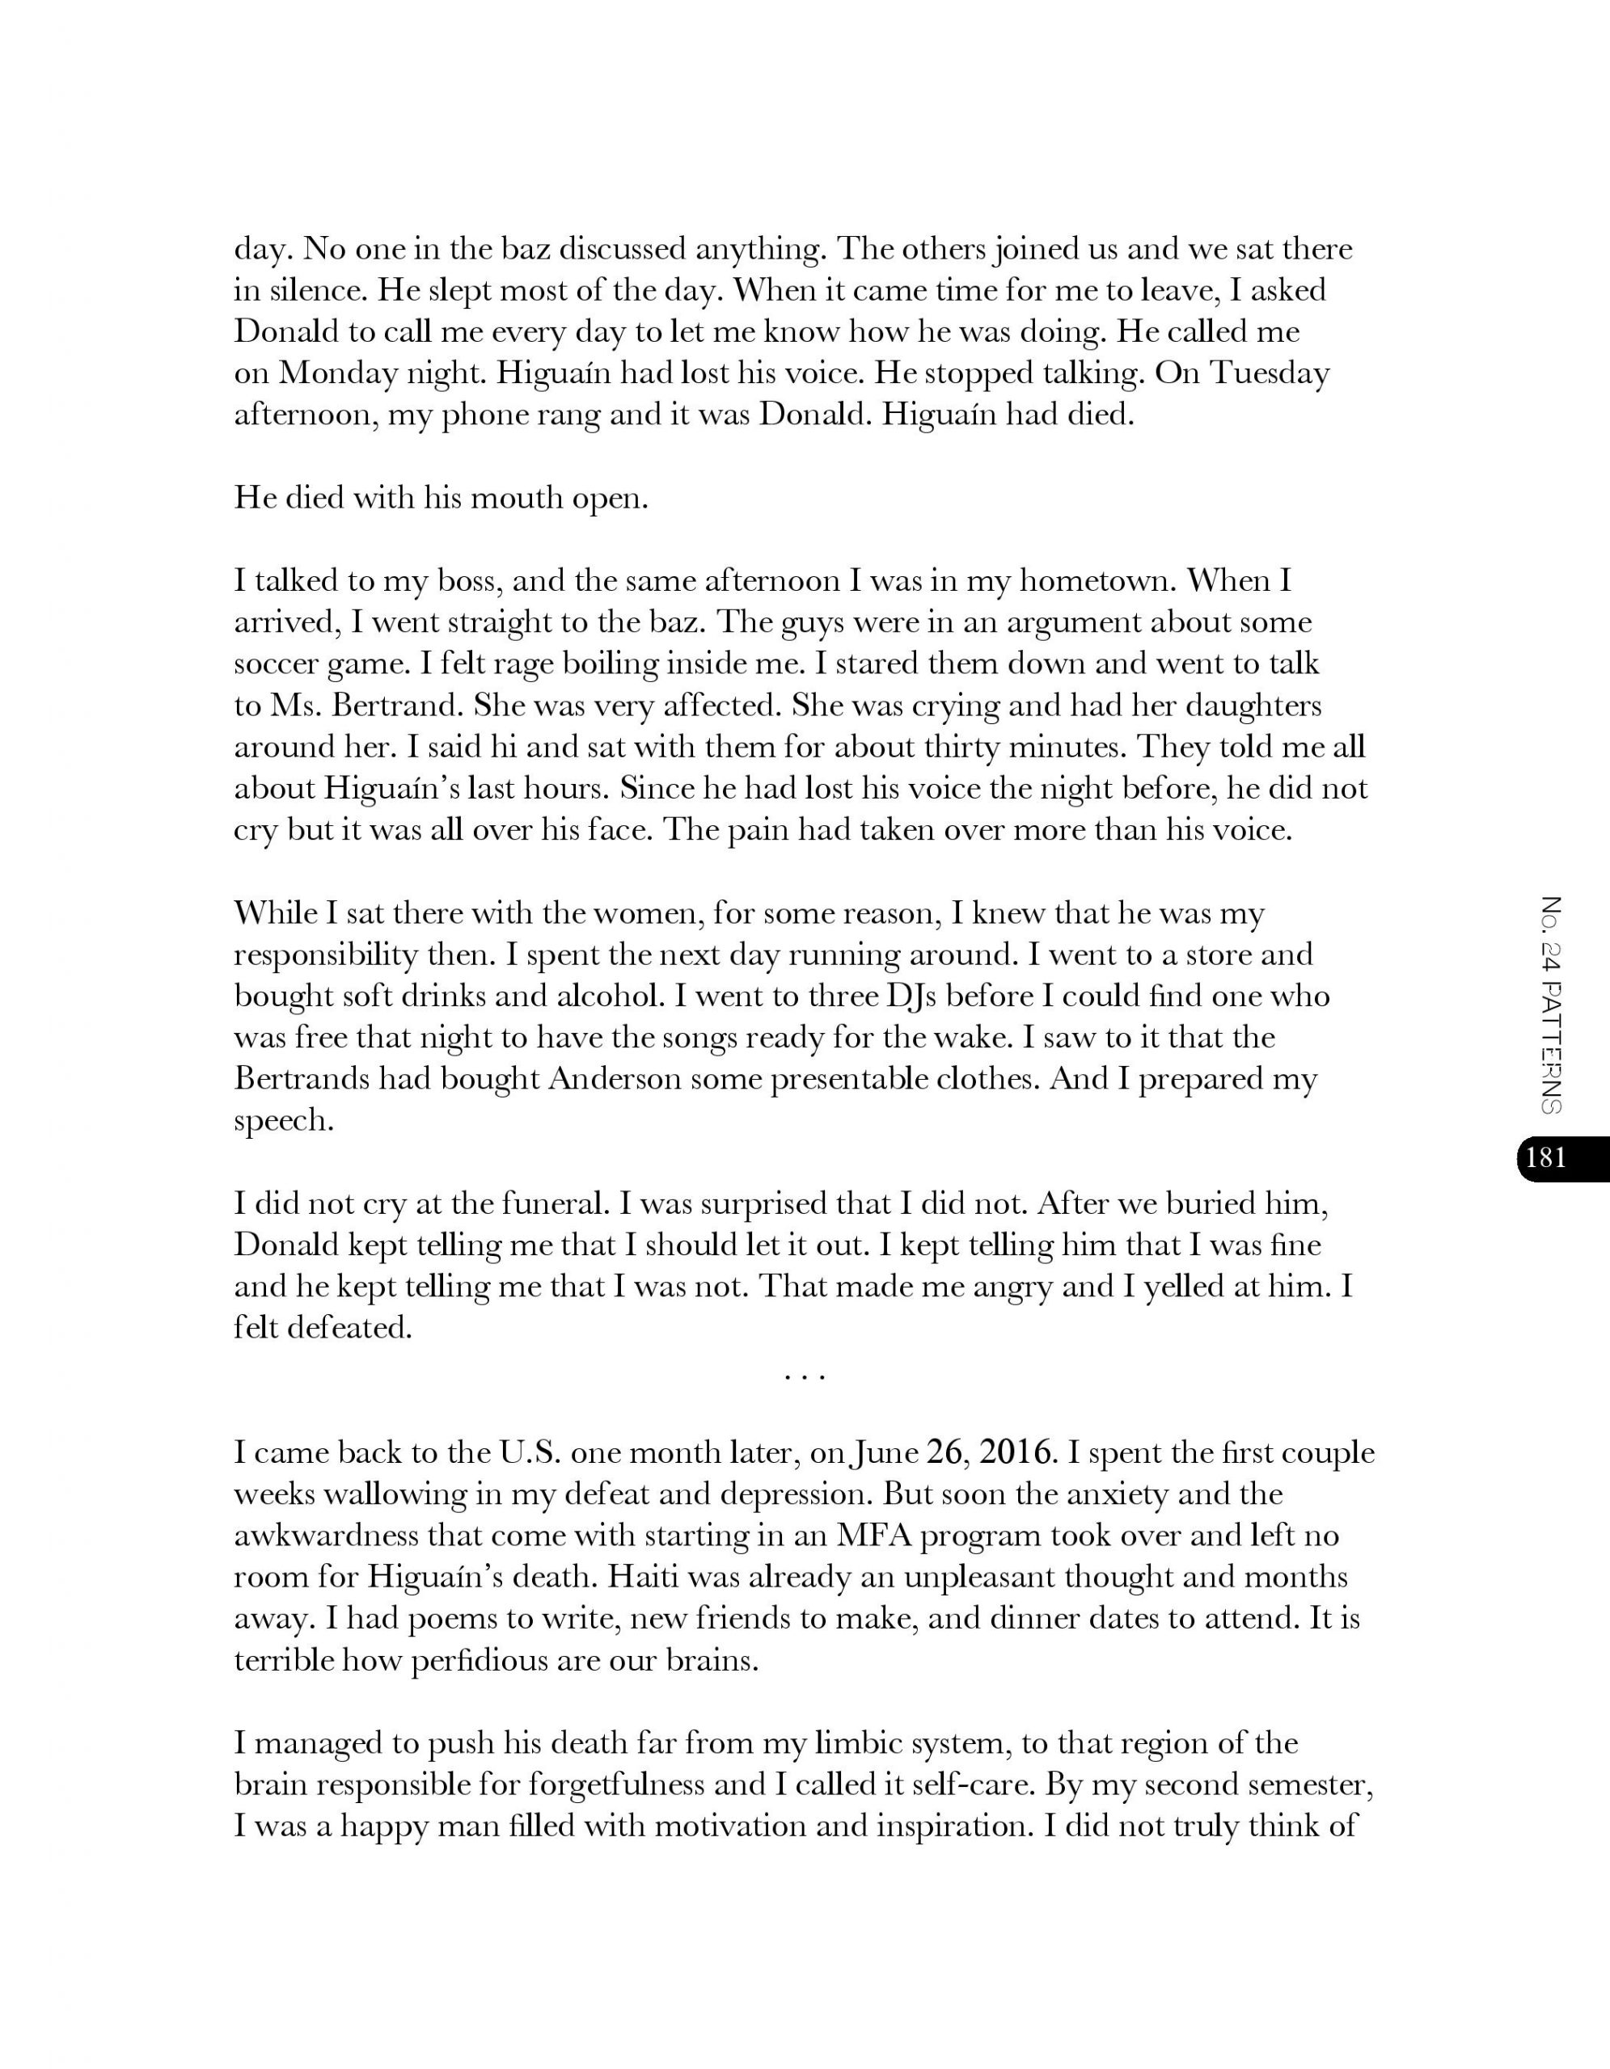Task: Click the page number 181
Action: click(1546, 1157)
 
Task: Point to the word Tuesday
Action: click(1270, 373)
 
